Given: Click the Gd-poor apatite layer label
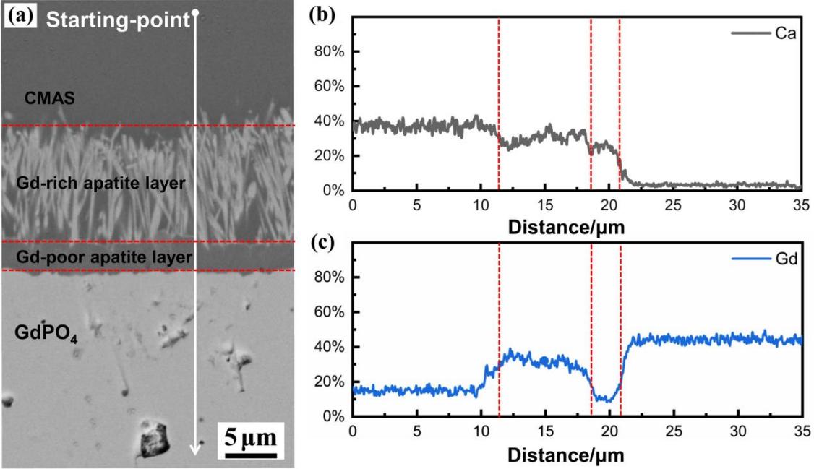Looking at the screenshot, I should tap(103, 257).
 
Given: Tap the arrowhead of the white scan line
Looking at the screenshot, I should tap(194, 449).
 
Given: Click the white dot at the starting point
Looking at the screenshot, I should tap(194, 12).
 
